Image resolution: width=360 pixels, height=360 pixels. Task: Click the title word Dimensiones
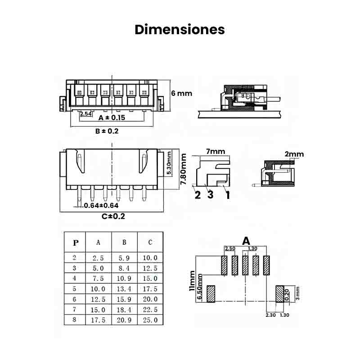[x=180, y=30]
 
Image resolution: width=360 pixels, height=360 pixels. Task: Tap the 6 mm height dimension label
[x=181, y=93]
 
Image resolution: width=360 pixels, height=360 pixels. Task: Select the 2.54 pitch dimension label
[x=86, y=114]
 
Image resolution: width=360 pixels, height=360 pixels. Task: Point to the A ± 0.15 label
[x=112, y=117]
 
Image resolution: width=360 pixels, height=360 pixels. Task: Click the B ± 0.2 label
[x=107, y=131]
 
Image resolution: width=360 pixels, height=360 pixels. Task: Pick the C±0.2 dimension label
[x=113, y=216]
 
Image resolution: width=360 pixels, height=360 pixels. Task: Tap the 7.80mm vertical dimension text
[x=183, y=169]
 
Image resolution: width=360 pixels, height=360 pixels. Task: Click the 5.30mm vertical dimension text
[x=169, y=163]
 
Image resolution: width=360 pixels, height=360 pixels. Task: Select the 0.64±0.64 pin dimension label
[x=101, y=206]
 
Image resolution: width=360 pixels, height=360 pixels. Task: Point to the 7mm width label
[x=216, y=151]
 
